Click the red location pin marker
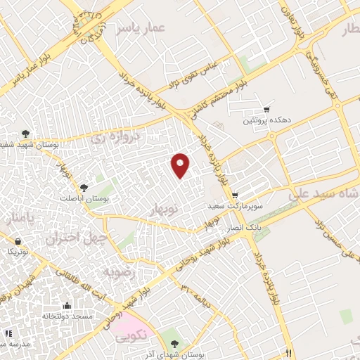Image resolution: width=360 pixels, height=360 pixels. [182, 165]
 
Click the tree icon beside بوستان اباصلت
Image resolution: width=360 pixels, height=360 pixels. [84, 188]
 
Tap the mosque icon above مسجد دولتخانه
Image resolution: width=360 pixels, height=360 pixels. [67, 306]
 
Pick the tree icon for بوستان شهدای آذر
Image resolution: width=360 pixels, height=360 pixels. [175, 344]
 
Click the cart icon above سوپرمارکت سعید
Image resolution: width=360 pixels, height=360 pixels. [234, 195]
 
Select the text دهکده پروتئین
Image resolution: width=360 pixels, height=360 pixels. [265, 121]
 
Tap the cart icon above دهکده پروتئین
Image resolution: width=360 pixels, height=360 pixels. [266, 109]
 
